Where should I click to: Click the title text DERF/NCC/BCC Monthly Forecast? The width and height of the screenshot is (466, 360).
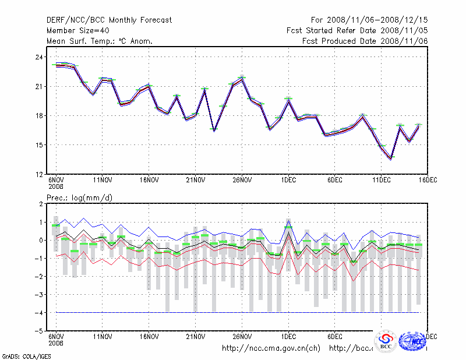point(109,20)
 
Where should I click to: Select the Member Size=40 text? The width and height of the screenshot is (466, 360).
point(77,30)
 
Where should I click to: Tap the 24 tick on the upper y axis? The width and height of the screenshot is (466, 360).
point(38,57)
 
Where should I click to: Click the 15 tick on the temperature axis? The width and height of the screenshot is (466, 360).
point(38,145)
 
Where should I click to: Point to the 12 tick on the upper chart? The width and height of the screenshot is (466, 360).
point(38,174)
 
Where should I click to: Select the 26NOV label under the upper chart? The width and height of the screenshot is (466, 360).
point(242,181)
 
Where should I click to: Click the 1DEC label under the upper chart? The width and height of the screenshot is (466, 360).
point(288,181)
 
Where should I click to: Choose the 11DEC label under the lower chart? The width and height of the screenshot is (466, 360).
point(382,337)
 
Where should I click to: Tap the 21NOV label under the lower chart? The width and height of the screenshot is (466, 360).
point(196,337)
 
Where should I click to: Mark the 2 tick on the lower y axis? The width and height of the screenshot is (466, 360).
point(41,204)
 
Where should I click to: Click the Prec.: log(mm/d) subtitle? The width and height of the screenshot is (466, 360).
point(79,197)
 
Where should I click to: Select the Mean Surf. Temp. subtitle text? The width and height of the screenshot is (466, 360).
point(100,41)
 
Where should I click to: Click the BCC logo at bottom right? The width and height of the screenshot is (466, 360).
point(386,341)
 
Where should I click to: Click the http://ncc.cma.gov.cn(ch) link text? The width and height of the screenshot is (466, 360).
point(271,348)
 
